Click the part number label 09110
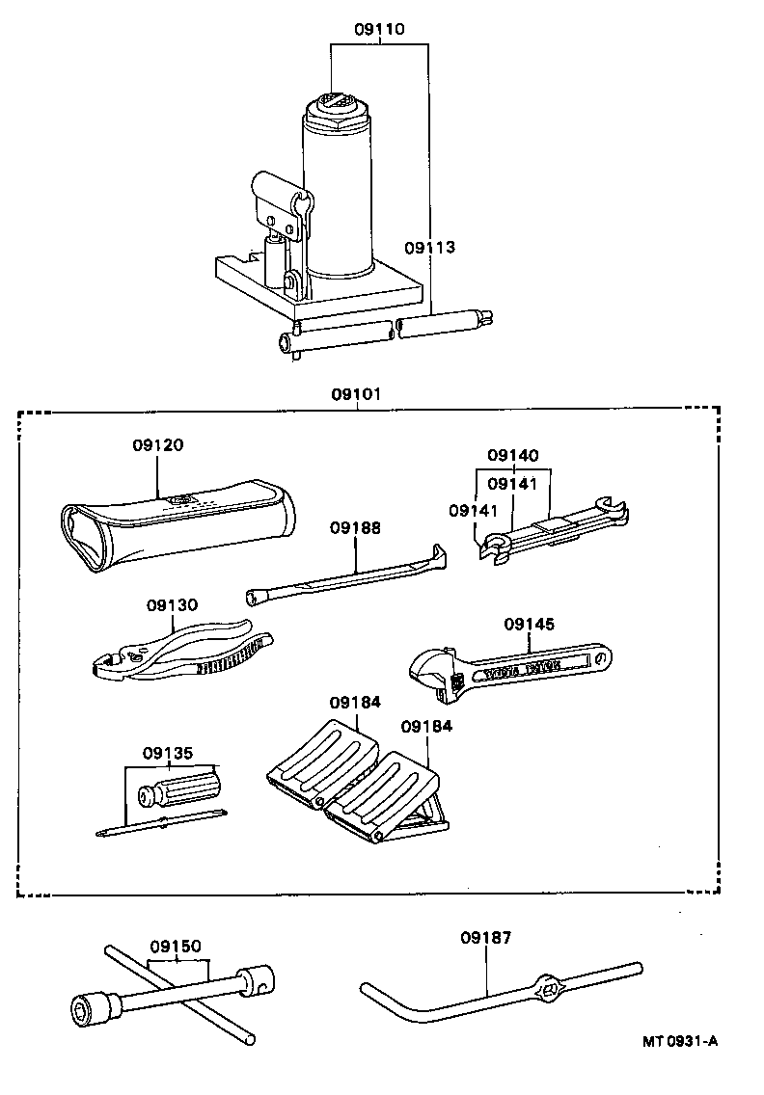pyautogui.click(x=379, y=30)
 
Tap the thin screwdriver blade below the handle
pyautogui.click(x=164, y=821)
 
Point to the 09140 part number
pyautogui.click(x=513, y=455)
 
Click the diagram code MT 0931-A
pyautogui.click(x=681, y=1041)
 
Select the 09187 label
pyautogui.click(x=485, y=936)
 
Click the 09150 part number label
pyautogui.click(x=176, y=946)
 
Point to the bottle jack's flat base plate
pyautogui.click(x=318, y=289)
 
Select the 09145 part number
pyautogui.click(x=530, y=624)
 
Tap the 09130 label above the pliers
pyautogui.click(x=173, y=604)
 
